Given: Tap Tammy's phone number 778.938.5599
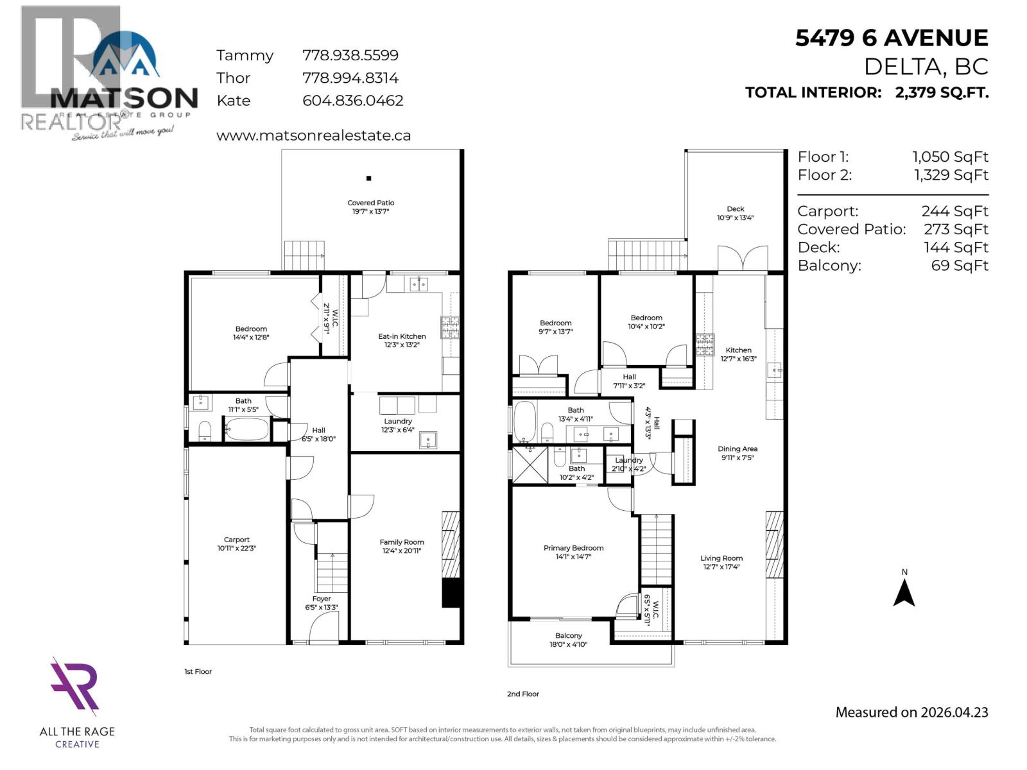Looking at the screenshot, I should (350, 56).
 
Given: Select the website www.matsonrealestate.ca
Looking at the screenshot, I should (313, 135).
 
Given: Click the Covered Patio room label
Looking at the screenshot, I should (371, 207).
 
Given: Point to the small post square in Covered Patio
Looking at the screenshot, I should (368, 178).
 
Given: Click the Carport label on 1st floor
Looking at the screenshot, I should (237, 543).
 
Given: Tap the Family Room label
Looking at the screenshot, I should (402, 546).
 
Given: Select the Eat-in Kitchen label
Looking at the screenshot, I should (402, 340).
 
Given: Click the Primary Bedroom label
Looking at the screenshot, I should (573, 552).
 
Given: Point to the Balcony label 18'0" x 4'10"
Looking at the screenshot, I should (569, 640).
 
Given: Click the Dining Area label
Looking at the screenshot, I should (738, 453).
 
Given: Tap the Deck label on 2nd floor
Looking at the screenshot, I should (736, 213).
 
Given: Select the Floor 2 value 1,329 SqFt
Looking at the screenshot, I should (951, 175).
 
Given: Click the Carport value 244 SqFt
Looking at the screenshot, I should (954, 211).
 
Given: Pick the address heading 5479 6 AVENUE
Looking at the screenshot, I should (892, 38).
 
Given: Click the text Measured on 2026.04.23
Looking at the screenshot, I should (911, 712).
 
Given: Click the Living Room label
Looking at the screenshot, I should (721, 562).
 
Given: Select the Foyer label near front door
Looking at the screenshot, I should (322, 603).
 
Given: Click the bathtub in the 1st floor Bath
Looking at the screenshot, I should (247, 429).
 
